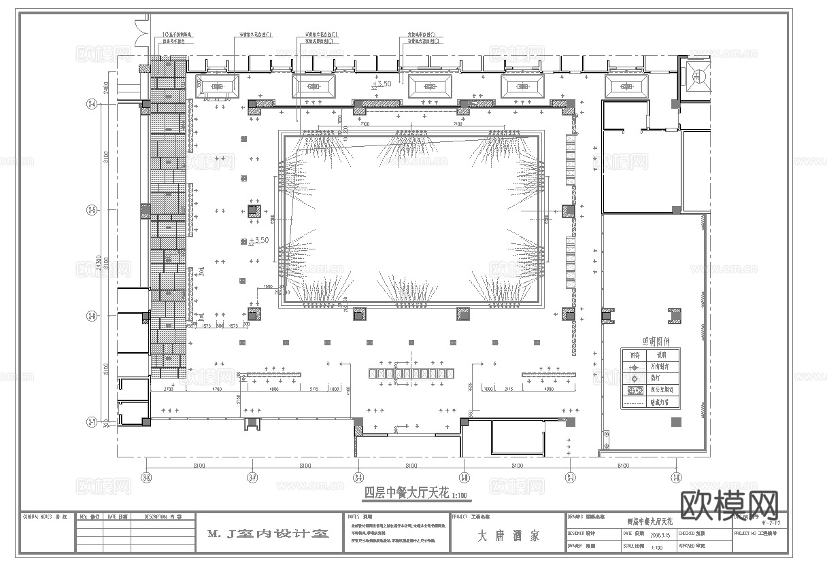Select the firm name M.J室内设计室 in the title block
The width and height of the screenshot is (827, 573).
coord(269,534)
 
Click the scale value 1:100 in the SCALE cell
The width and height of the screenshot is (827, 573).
coord(657,546)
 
